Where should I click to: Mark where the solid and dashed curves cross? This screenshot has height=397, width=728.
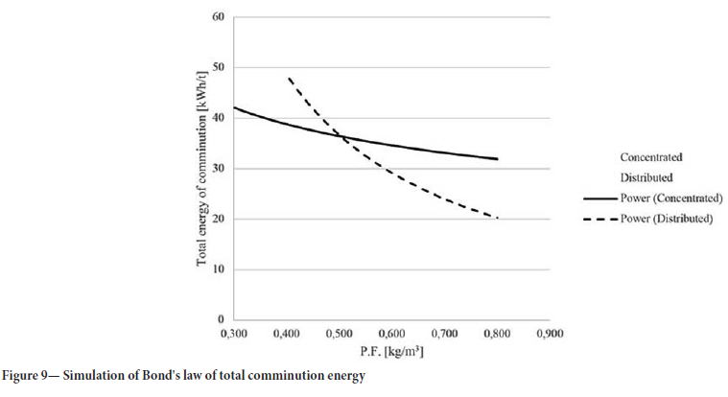(x=336, y=134)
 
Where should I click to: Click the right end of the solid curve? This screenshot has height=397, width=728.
(x=497, y=159)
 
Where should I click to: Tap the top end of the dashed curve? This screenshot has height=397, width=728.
(x=289, y=78)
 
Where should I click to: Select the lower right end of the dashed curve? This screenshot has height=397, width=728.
(x=497, y=219)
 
